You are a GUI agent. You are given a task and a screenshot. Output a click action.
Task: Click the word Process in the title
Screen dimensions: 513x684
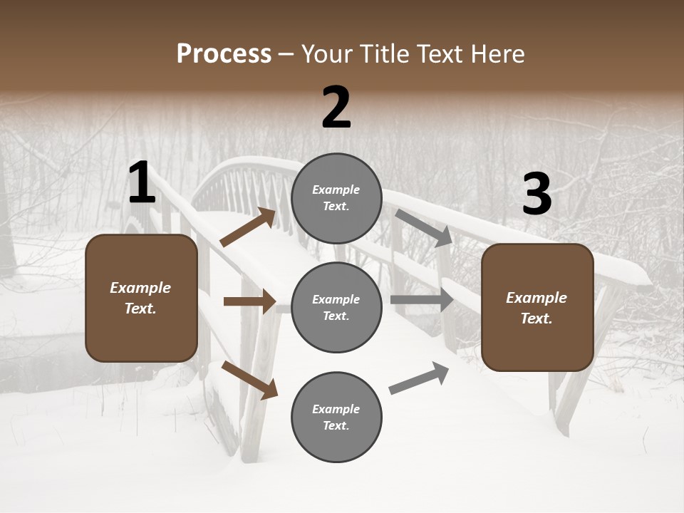(224, 54)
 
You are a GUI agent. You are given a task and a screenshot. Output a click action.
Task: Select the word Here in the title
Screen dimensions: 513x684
(494, 54)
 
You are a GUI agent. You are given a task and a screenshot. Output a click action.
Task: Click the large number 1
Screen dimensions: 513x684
(142, 184)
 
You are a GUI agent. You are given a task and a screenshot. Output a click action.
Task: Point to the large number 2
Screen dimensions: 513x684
(336, 108)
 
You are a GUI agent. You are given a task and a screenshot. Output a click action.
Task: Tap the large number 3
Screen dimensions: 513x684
(537, 195)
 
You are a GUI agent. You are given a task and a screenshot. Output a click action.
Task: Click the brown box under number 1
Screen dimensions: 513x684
(141, 298)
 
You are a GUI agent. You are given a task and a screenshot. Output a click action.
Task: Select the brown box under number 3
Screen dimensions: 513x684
(537, 307)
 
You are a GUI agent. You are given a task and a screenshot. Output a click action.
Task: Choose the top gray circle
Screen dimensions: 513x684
(336, 198)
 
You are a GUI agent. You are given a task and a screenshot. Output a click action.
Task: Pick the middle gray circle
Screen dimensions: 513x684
(336, 307)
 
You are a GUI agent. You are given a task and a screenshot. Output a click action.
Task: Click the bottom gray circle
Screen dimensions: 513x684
(336, 417)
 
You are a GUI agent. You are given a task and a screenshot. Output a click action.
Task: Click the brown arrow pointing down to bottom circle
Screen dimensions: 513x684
(249, 380)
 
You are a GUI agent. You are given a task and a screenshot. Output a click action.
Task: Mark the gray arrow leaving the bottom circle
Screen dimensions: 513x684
(419, 378)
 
